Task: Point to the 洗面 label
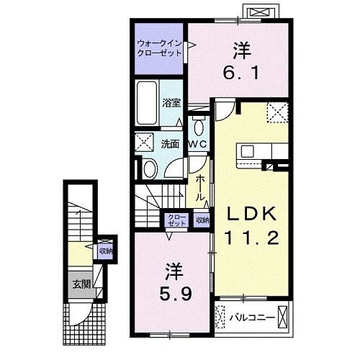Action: coord(169,143)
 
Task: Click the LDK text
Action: coord(248,213)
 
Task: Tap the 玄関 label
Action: coord(81,284)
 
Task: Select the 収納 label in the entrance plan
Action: coord(107,251)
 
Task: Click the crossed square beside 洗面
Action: coord(144,143)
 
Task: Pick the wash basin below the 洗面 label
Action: coord(148,168)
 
